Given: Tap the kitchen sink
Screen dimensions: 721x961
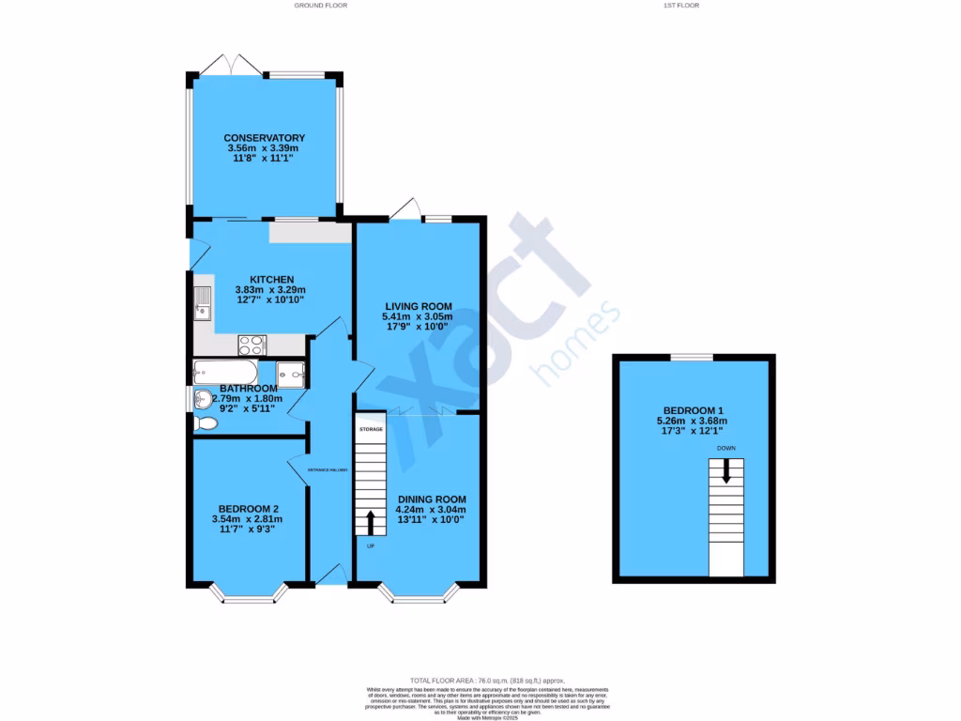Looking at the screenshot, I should coord(203,301).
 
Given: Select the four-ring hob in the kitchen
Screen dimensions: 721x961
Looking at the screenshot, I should coord(252,344).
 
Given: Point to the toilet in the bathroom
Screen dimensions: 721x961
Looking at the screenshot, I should coord(205,424).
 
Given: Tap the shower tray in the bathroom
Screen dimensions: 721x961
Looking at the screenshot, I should coord(292,373).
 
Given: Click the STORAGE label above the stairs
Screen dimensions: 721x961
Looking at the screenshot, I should coord(371,428).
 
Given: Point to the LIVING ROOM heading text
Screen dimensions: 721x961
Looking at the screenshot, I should coord(418,306).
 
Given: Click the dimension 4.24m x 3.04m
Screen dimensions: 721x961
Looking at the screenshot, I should coord(432,510).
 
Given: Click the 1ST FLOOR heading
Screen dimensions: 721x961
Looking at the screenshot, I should coord(682,6).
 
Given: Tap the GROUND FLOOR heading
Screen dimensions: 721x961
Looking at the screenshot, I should coord(321,6).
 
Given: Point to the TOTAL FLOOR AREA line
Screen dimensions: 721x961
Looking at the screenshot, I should coord(487,680).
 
